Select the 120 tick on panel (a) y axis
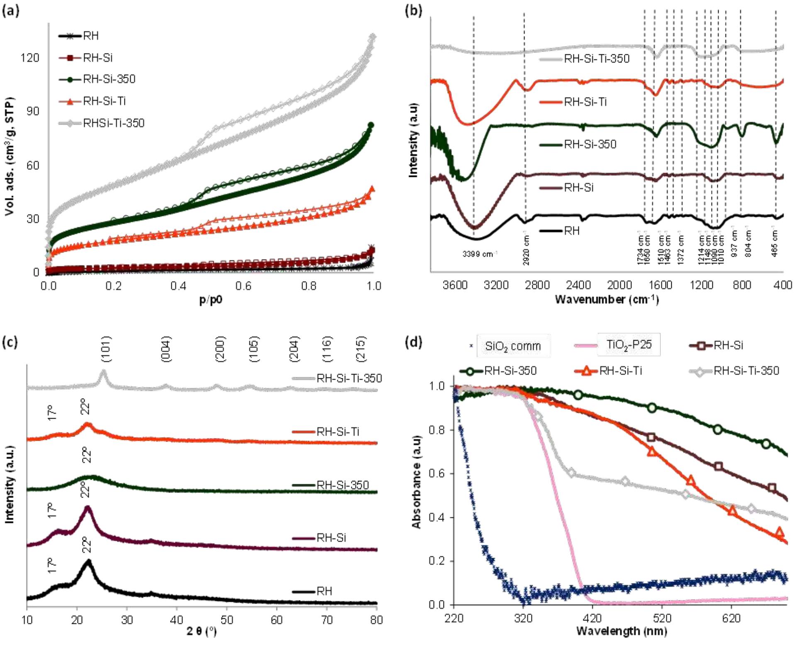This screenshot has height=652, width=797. [x=29, y=57]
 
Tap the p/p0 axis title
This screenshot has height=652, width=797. [x=211, y=299]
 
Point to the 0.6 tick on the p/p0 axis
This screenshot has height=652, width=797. [x=244, y=286]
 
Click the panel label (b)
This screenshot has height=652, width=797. [x=413, y=10]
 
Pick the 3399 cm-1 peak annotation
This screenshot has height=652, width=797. [x=480, y=254]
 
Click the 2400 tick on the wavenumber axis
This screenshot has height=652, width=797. [x=578, y=285]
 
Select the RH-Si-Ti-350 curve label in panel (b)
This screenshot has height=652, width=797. [x=596, y=59]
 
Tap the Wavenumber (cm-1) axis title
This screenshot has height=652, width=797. [x=606, y=299]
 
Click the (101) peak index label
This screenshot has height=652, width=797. [x=106, y=349]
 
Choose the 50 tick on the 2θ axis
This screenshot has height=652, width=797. [x=227, y=620]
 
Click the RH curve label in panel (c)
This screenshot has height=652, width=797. [x=324, y=591]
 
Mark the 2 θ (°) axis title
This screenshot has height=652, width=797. [x=202, y=631]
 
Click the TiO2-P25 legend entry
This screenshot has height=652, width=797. [x=629, y=344]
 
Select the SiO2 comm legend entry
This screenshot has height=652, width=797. [x=513, y=346]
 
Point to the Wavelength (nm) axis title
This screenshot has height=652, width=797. [x=622, y=631]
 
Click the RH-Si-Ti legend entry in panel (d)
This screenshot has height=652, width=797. [x=620, y=370]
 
